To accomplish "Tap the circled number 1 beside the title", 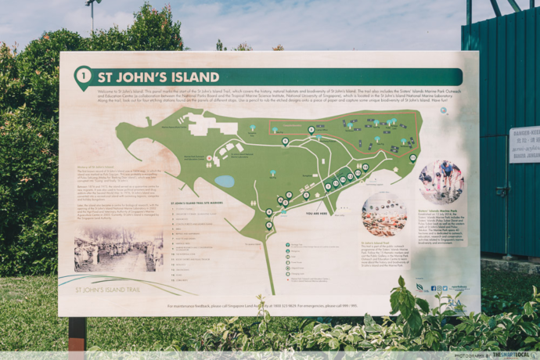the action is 82,77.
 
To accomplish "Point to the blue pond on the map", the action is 225,181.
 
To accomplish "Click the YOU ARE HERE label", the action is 317,212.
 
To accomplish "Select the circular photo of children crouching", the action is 441,182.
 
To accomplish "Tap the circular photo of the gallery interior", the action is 383,214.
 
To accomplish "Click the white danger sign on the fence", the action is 524,145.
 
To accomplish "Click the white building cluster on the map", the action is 209,124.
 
